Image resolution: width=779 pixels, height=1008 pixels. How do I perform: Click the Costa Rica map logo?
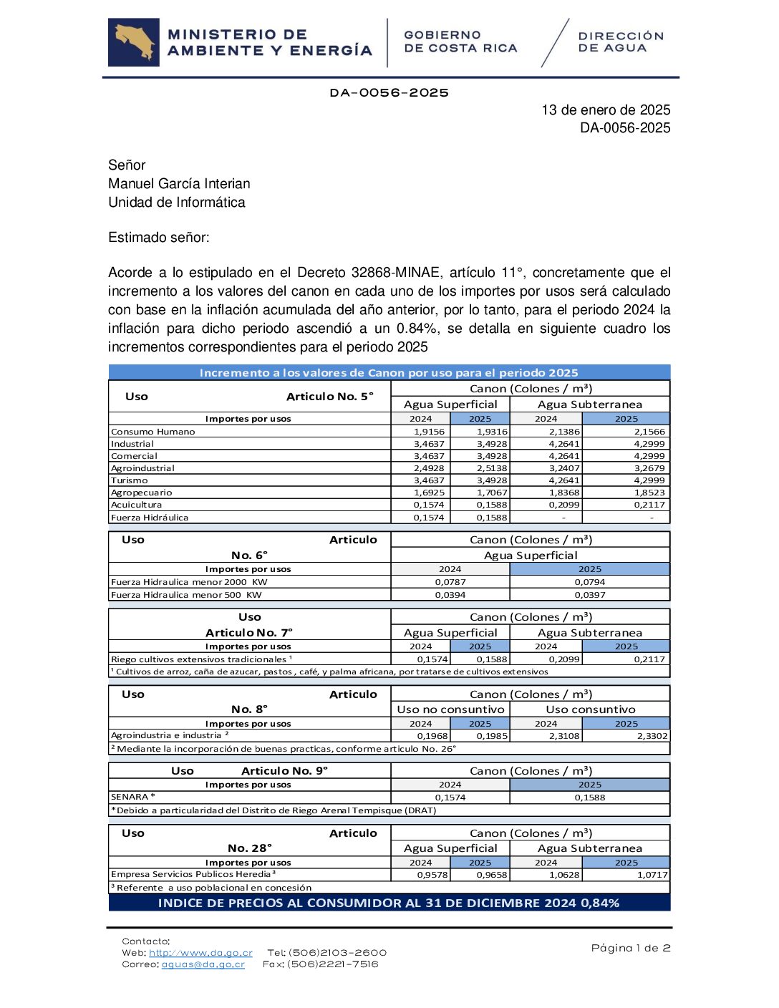tap(134, 42)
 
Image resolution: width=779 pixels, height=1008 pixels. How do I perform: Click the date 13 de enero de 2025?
tap(605, 110)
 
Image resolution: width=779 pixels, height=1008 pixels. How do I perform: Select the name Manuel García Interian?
tap(179, 184)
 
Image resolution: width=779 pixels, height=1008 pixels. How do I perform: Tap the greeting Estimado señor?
tap(159, 238)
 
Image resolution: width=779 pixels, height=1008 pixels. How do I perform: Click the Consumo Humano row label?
tap(153, 432)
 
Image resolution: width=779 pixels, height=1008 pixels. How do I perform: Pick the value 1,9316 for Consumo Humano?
tap(492, 432)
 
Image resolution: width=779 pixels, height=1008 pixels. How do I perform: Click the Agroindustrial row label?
tap(142, 468)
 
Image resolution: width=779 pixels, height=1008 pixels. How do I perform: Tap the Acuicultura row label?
tap(137, 505)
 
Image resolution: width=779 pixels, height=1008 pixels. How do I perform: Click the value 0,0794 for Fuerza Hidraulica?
tap(589, 582)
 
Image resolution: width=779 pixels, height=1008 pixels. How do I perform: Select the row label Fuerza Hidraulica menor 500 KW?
tap(186, 595)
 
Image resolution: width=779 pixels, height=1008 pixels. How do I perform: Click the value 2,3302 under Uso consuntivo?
tap(652, 736)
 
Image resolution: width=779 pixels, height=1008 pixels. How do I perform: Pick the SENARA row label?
tap(132, 797)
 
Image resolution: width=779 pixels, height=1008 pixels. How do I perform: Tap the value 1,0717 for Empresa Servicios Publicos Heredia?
tap(652, 875)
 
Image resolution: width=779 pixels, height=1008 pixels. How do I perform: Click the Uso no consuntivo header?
tap(450, 709)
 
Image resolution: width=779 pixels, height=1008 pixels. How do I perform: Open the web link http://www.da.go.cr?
tap(200, 953)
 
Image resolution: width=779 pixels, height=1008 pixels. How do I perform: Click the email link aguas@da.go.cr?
tap(203, 964)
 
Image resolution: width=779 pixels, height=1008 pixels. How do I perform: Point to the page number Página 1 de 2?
tap(630, 948)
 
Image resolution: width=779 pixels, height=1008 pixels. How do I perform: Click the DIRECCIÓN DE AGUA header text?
tap(621, 42)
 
